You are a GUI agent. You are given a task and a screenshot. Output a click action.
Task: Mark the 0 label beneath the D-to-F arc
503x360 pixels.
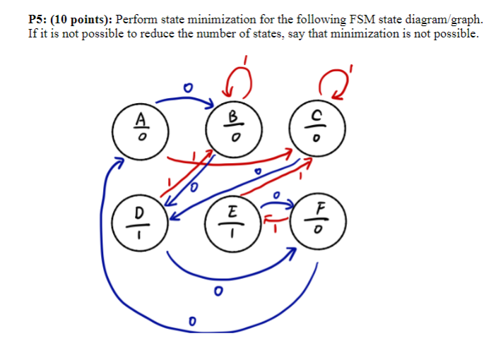pyautogui.click(x=218, y=290)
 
